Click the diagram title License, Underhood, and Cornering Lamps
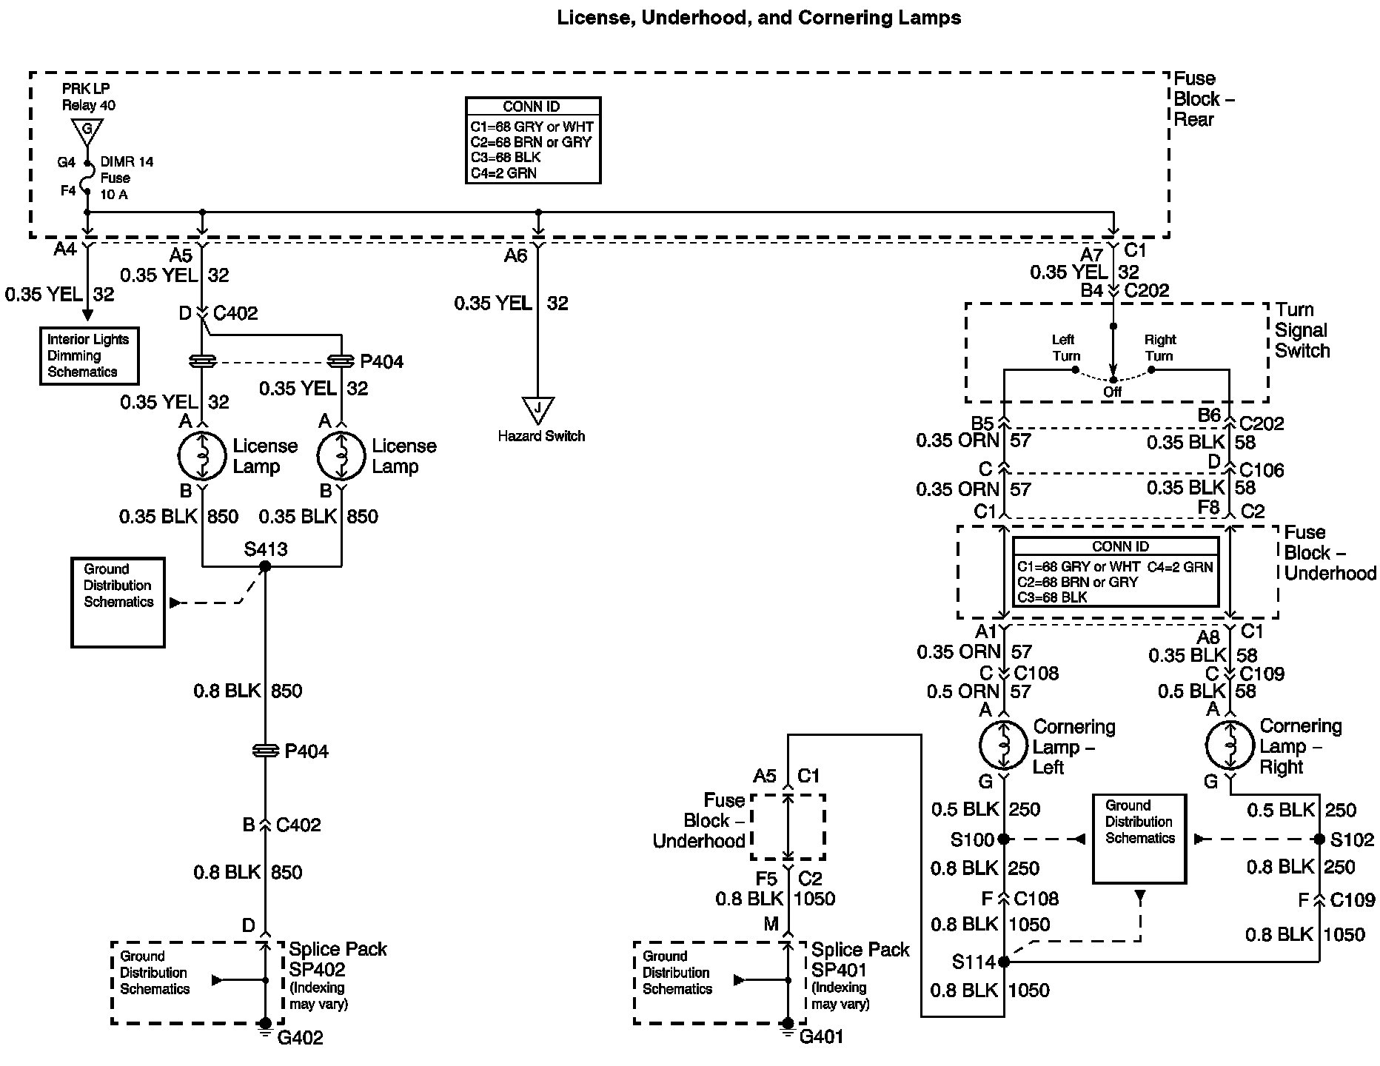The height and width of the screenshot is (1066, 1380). click(759, 18)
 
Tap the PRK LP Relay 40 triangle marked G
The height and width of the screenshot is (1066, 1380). click(87, 130)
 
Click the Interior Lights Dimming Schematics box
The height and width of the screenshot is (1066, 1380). click(89, 356)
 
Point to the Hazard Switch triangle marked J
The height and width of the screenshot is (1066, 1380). click(538, 409)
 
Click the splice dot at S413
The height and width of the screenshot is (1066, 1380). click(265, 566)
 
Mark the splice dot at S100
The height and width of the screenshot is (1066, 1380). click(1003, 839)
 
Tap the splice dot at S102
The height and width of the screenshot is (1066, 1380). click(1319, 839)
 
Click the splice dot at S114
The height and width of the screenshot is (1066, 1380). click(1003, 962)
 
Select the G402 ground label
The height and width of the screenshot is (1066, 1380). click(300, 1038)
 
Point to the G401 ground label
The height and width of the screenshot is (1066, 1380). click(821, 1037)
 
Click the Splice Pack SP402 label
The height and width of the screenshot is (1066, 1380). click(337, 959)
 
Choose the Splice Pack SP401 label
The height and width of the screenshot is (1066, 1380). click(860, 959)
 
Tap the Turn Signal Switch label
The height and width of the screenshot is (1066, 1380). click(1302, 330)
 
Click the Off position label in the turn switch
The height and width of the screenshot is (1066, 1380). click(1112, 392)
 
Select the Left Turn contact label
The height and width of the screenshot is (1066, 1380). click(1064, 348)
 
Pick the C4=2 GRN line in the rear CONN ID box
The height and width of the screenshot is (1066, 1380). click(503, 173)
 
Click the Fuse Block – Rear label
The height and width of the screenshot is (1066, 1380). click(1203, 99)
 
